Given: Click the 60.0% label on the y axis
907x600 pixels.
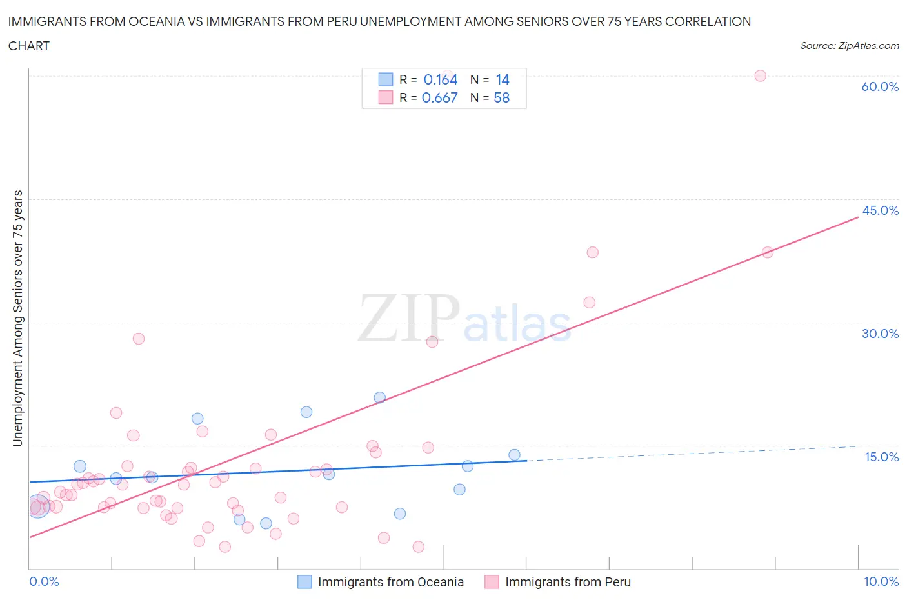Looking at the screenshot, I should pyautogui.click(x=880, y=86).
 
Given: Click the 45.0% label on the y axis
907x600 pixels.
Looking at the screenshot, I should pyautogui.click(x=880, y=210).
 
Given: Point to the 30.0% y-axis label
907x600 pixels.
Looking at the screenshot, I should pyautogui.click(x=880, y=334).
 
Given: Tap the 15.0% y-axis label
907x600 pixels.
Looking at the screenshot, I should pyautogui.click(x=881, y=457).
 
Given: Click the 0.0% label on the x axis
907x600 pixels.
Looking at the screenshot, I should pyautogui.click(x=44, y=581).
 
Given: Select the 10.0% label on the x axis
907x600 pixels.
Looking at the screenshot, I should pyautogui.click(x=881, y=581).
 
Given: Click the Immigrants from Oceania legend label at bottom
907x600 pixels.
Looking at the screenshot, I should pyautogui.click(x=390, y=582).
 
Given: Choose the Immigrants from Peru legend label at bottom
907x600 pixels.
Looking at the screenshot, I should pyautogui.click(x=568, y=582).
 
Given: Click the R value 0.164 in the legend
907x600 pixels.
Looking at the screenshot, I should pyautogui.click(x=441, y=79).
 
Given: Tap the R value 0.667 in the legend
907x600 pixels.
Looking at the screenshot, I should pyautogui.click(x=439, y=97).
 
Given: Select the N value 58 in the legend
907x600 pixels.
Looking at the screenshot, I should pyautogui.click(x=502, y=97).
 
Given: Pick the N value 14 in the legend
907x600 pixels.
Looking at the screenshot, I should pyautogui.click(x=503, y=79).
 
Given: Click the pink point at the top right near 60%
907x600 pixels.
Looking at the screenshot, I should pyautogui.click(x=760, y=75).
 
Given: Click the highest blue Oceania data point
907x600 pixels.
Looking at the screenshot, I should pyautogui.click(x=379, y=397).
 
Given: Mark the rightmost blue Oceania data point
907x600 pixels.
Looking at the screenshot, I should pyautogui.click(x=514, y=455).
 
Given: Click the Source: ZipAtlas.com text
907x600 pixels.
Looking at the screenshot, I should pyautogui.click(x=849, y=45).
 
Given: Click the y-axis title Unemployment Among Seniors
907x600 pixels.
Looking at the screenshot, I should pyautogui.click(x=17, y=318).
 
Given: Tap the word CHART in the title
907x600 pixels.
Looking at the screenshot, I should pyautogui.click(x=29, y=46).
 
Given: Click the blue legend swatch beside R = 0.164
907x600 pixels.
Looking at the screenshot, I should pyautogui.click(x=385, y=79).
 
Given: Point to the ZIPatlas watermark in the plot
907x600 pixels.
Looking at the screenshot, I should pyautogui.click(x=464, y=318).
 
